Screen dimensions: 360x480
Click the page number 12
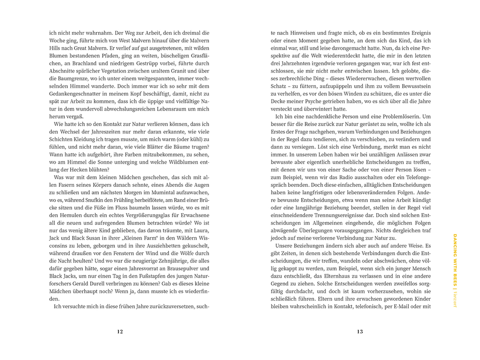coord(120,331)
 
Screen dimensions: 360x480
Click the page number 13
coord(360,331)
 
